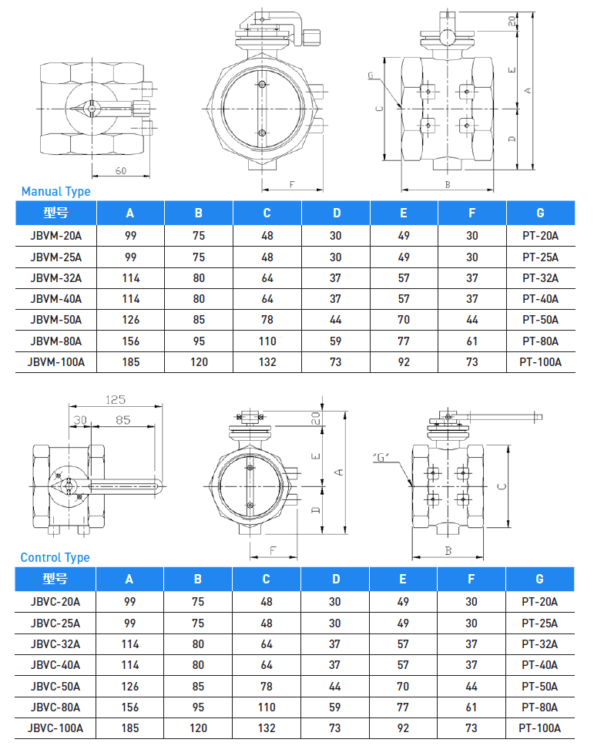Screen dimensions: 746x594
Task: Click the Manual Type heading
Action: [x=55, y=191]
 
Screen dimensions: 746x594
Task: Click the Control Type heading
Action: [x=55, y=557]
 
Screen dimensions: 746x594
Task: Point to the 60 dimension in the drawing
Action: [x=121, y=170]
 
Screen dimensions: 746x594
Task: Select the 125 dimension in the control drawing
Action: [x=115, y=399]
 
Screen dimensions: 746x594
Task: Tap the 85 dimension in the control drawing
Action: [x=122, y=420]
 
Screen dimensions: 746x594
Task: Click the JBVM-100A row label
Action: [x=55, y=361]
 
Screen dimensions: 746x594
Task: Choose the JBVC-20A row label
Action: [x=55, y=601]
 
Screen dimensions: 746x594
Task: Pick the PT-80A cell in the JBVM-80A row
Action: [x=540, y=341]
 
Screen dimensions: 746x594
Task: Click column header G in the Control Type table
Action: [x=539, y=579]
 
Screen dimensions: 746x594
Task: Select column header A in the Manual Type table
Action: [x=130, y=213]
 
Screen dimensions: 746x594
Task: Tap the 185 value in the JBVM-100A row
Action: [x=130, y=361]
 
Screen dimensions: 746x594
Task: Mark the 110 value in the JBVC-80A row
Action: [x=267, y=707]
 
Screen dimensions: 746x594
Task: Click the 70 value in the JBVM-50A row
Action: [x=404, y=320]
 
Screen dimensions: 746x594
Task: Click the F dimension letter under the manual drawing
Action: [x=292, y=184]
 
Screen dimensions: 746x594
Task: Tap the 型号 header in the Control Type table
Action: [x=55, y=579]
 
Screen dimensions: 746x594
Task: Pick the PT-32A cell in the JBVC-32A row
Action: [x=540, y=644]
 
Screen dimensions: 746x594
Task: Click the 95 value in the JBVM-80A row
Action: [x=199, y=341]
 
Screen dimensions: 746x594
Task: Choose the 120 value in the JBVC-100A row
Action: [x=199, y=728]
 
